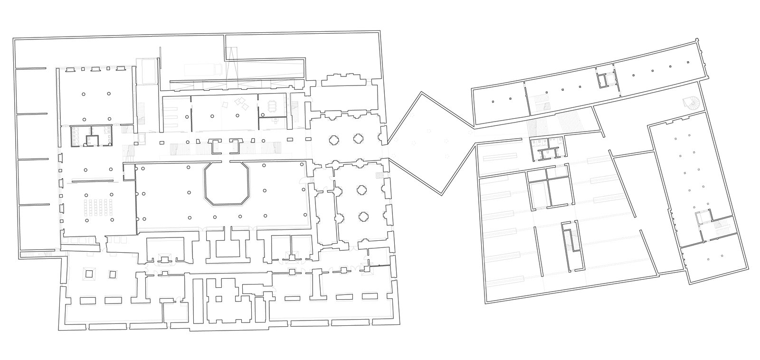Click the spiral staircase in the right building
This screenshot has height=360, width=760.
pos(689,103)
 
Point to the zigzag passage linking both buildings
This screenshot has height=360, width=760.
pos(430,142)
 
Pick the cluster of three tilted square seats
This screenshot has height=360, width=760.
pos(242,104)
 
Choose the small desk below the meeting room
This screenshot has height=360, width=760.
pos(275,121)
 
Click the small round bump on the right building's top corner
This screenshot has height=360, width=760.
pos(697,39)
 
